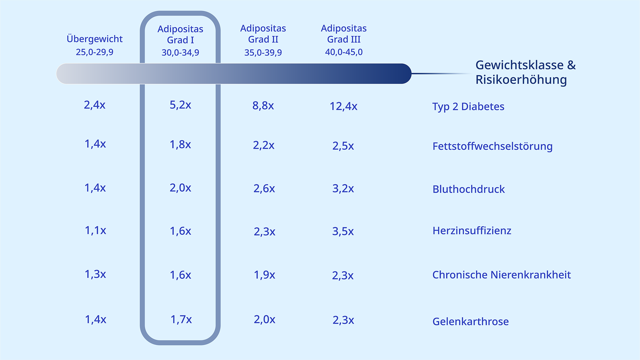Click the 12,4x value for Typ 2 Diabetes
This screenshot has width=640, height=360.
(343, 106)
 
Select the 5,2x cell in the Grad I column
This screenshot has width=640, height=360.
(180, 105)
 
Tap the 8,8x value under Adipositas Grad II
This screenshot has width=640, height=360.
(263, 106)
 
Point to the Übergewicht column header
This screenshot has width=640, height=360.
(95, 39)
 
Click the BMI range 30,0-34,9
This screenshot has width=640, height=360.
(180, 53)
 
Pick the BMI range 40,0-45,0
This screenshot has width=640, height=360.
(344, 52)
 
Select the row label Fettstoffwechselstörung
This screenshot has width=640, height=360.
(492, 146)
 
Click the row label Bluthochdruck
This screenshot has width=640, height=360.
(468, 189)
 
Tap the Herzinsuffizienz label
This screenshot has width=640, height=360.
(472, 231)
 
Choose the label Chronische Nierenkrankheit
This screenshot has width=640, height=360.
(501, 275)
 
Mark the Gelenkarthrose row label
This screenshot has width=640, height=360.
(470, 321)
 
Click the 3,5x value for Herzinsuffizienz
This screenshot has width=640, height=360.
(343, 231)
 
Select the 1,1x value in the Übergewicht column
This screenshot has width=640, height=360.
(95, 231)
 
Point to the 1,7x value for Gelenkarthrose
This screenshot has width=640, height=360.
(181, 319)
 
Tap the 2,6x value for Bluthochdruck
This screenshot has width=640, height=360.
(264, 188)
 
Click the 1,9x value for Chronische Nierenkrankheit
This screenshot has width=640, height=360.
(264, 275)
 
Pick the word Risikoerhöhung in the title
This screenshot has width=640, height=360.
(521, 80)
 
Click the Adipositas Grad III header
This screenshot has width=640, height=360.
(344, 34)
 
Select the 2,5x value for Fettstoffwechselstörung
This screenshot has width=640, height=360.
(343, 146)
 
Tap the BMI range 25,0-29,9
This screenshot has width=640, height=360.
(95, 52)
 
